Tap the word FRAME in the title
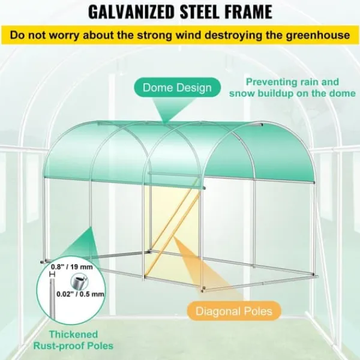[247, 11]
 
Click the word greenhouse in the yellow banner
[317, 35]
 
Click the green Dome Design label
[177, 88]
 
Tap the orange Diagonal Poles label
[234, 311]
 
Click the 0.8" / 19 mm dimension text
[71, 267]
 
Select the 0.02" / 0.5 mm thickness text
[80, 294]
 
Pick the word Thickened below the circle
[73, 334]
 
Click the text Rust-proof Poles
[73, 346]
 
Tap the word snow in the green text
[242, 94]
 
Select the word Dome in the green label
[157, 88]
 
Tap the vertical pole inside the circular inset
[52, 298]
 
